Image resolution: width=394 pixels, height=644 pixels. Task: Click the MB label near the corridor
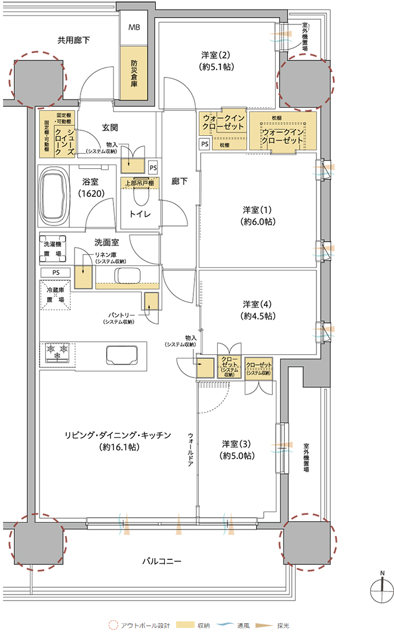point(134,27)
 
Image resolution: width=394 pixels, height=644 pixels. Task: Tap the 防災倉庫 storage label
point(134,73)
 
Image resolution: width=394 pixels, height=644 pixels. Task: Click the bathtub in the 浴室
point(53,196)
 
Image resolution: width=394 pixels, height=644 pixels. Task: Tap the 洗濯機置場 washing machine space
point(53,249)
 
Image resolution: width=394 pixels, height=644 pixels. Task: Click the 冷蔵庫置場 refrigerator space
point(55,295)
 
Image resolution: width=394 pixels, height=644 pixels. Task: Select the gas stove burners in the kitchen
point(57,352)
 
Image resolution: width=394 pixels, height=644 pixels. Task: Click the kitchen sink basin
point(122,355)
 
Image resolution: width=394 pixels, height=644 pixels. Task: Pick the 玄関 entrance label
point(110,128)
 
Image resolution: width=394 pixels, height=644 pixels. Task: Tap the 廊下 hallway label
point(179,181)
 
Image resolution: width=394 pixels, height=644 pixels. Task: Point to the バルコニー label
point(162,561)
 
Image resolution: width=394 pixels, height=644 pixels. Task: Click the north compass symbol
point(382,590)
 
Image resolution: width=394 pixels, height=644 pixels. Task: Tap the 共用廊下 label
point(73,40)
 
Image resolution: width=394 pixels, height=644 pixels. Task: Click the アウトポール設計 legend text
point(145,626)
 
